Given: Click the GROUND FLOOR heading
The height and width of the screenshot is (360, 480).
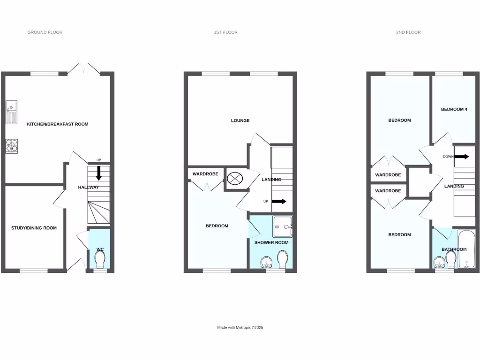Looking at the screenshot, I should point(45,32).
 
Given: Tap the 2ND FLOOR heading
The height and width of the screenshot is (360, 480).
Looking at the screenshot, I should point(408,32).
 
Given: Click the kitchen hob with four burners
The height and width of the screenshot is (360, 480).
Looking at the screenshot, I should point(12,146).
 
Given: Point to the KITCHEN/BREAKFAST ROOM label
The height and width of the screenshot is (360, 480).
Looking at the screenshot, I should point(58,124).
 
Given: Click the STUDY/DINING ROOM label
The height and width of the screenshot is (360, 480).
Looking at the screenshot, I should point(34,228).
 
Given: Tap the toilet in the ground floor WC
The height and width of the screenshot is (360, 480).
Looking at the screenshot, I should point(100,259).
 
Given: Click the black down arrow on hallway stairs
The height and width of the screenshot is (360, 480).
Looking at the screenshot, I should point(99,173).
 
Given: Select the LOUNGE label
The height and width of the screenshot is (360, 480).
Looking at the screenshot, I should point(240,120).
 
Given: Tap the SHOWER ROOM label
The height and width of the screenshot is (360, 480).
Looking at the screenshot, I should point(271,242).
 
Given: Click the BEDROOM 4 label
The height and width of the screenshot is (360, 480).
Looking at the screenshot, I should point(454,109).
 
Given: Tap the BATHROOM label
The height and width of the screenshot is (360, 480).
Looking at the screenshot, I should point(454,249).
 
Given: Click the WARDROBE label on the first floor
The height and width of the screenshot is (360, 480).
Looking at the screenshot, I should point(205,174).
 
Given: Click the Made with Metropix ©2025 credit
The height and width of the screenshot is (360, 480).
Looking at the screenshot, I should point(240,328).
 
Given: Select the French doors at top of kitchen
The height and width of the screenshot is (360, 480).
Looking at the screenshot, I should point(83,68).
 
